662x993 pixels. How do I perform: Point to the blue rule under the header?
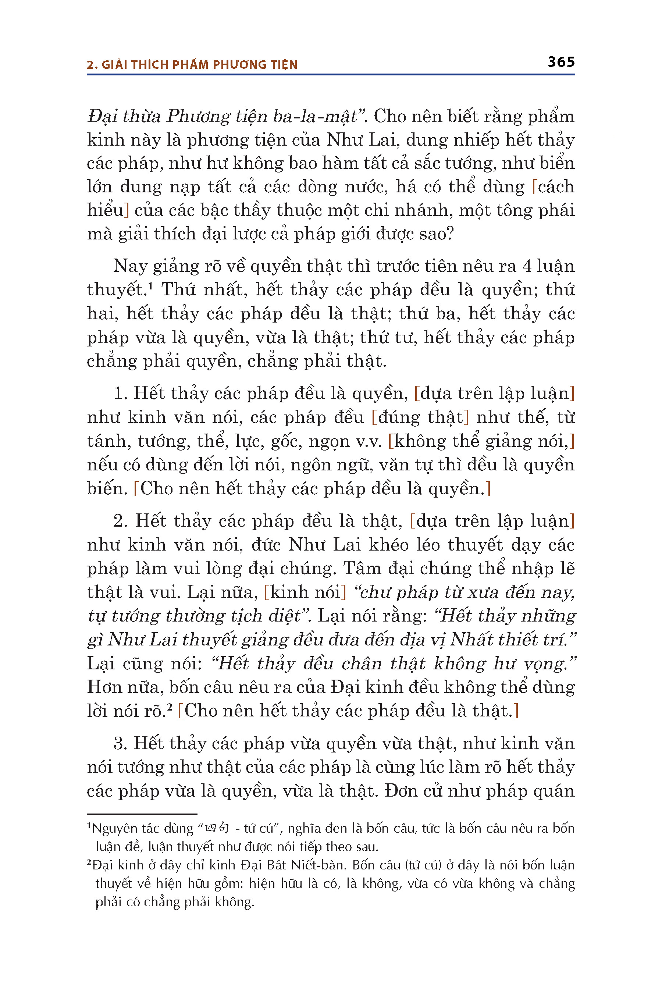point(331,75)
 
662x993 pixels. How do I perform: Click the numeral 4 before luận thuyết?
point(527,266)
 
